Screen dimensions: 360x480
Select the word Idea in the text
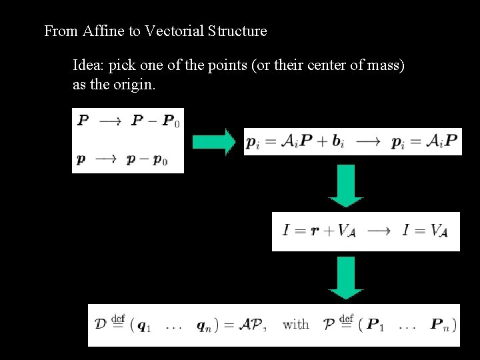coord(87,66)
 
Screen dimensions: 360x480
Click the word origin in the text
coord(135,85)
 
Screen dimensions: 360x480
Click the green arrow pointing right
coord(213,141)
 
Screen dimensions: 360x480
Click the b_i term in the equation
coord(338,142)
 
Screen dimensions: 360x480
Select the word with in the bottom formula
coord(296,325)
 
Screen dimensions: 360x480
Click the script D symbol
coord(101,325)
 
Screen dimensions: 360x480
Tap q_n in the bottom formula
coord(203,326)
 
